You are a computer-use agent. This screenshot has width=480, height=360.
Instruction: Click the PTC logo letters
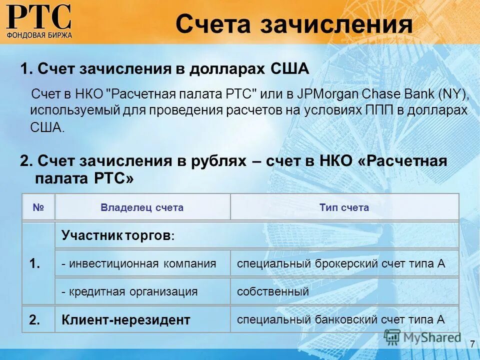click(39, 16)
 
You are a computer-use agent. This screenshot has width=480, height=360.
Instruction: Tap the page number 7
click(472, 344)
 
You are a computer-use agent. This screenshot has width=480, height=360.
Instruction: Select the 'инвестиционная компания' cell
click(139, 263)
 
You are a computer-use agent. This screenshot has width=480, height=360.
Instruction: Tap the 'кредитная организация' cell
click(130, 291)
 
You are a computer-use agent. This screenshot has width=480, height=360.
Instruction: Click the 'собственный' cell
click(273, 291)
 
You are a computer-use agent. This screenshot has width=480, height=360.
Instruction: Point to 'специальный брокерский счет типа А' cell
click(341, 263)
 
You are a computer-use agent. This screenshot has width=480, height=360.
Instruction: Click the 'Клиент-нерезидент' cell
click(126, 320)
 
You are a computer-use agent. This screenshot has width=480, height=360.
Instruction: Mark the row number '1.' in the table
click(35, 263)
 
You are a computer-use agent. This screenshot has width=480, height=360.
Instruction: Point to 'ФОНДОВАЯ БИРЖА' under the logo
click(39, 35)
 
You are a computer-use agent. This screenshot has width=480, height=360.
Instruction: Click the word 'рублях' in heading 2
click(219, 161)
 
